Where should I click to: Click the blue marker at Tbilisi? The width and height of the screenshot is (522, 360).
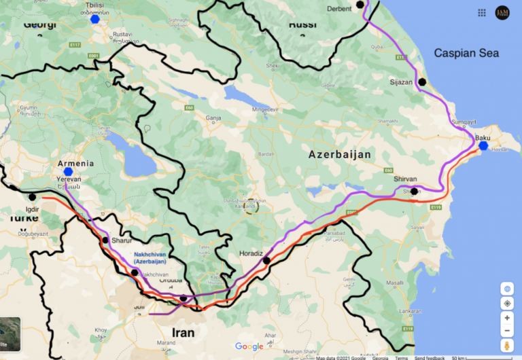pos(95,19)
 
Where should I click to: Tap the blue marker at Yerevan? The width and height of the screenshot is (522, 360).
pos(68,172)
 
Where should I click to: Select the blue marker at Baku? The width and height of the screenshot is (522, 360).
pos(483,145)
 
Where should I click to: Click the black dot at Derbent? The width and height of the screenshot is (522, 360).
pos(360,5)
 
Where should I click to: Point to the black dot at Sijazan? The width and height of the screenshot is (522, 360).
pos(422,82)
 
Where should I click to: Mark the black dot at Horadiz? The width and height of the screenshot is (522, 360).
pos(266,260)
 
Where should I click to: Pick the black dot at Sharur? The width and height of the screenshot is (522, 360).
pos(105,240)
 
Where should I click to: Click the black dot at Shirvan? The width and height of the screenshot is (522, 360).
pos(414,191)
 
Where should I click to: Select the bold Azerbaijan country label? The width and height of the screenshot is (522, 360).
pos(340,155)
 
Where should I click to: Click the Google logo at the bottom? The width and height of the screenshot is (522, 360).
pos(249,346)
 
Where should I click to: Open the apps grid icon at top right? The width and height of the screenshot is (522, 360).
pos(482,12)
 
